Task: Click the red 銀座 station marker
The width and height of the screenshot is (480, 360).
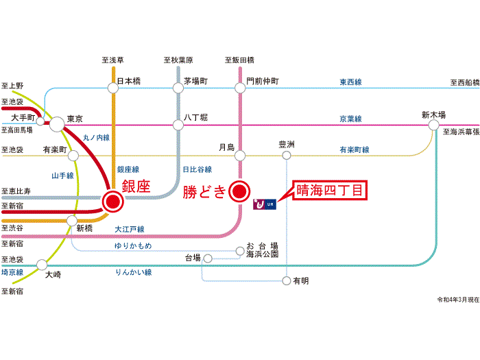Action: click(x=112, y=200)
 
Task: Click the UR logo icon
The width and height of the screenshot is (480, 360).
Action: click(x=264, y=204)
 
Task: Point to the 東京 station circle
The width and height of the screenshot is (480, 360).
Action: click(x=56, y=124)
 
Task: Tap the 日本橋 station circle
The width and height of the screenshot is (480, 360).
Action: click(x=112, y=87)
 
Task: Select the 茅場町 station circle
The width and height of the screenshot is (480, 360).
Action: click(x=178, y=87)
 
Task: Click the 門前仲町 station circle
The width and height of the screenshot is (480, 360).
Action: click(x=239, y=87)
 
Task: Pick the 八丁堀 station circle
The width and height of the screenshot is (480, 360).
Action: click(x=178, y=125)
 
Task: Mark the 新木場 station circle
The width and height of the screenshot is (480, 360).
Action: click(x=433, y=125)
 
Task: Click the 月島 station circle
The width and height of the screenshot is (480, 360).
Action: click(x=239, y=156)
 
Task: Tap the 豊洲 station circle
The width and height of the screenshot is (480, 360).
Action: click(x=287, y=156)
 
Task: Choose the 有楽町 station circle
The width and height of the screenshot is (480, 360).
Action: click(x=73, y=156)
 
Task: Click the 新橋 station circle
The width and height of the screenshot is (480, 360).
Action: click(x=72, y=220)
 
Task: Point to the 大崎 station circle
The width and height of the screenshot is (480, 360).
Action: click(x=42, y=265)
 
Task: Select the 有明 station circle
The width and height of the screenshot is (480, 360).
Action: click(x=287, y=280)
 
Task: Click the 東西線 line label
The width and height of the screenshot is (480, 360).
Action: click(x=350, y=82)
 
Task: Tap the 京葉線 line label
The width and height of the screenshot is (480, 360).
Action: click(x=350, y=119)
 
